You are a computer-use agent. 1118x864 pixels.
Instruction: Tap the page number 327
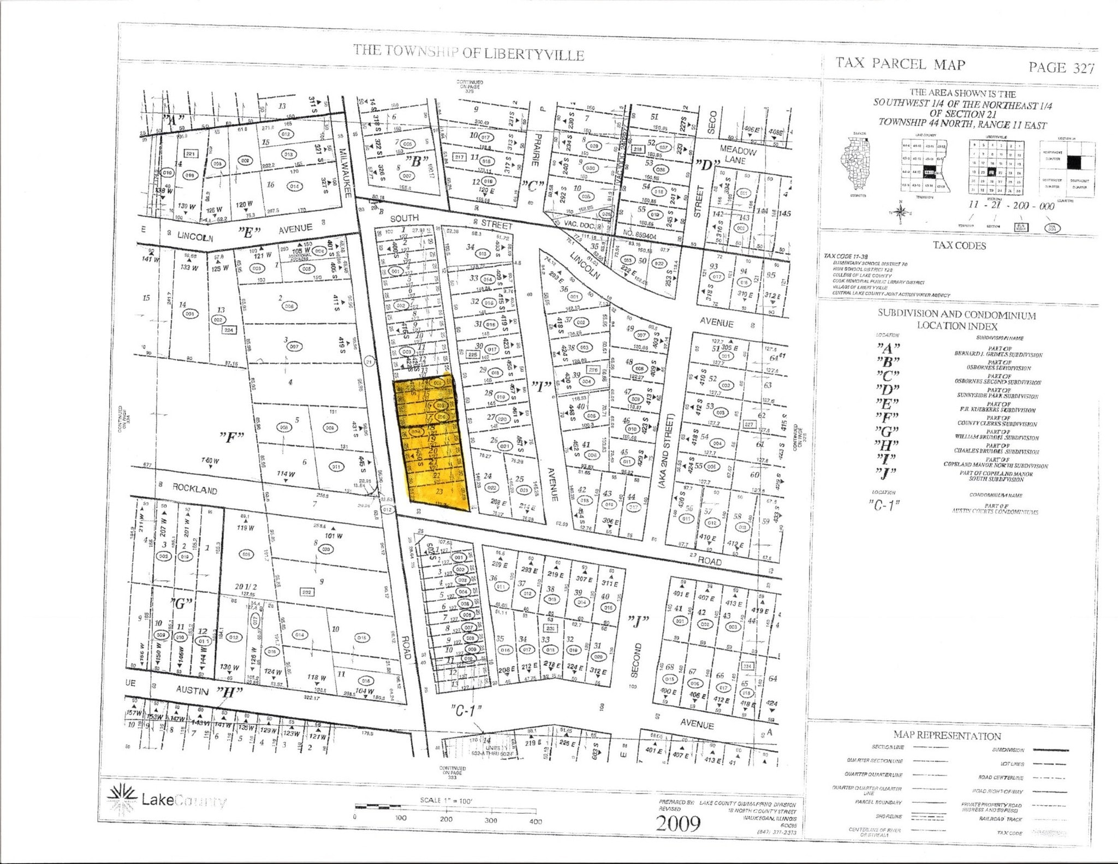(x=1061, y=68)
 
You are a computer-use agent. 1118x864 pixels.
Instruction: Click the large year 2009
(x=678, y=823)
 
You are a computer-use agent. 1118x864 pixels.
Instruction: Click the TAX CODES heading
(x=959, y=246)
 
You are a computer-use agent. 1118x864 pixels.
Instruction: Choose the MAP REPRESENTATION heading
(x=947, y=735)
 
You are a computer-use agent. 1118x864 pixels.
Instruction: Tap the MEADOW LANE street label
(x=737, y=154)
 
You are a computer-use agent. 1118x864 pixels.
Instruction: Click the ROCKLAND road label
(x=195, y=488)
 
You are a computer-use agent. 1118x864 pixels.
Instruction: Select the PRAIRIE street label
(x=536, y=150)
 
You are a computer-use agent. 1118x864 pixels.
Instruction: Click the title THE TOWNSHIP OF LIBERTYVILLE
(x=468, y=53)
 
